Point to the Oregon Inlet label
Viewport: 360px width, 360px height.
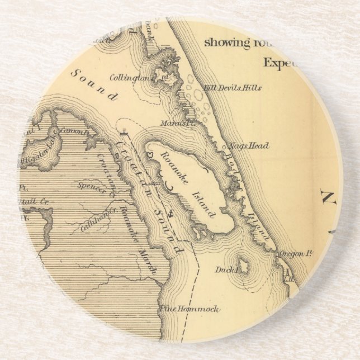point(295,254)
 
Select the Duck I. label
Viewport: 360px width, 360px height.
point(227,270)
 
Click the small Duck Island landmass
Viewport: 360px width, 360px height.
point(244,264)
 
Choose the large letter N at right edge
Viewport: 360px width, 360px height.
point(329,197)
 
